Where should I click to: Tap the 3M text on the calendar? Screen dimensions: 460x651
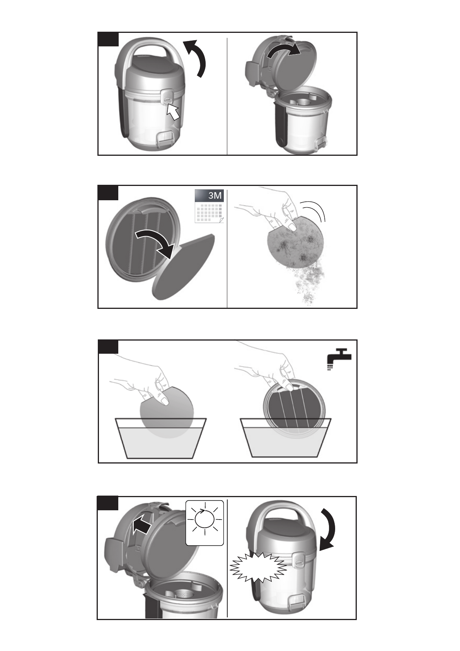click(x=215, y=196)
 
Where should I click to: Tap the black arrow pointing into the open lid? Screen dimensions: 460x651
click(x=141, y=526)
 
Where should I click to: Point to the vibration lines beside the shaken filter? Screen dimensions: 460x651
click(x=314, y=211)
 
